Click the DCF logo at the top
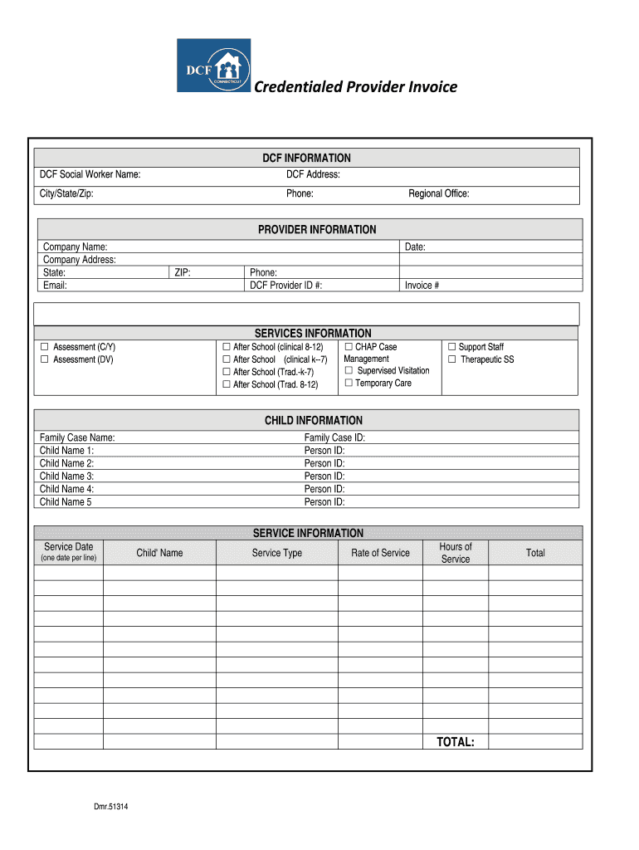(x=213, y=65)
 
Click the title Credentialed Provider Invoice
(x=355, y=87)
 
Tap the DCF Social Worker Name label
(x=90, y=174)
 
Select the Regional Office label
(x=438, y=193)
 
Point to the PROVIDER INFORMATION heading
(x=316, y=229)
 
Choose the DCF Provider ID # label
(x=285, y=285)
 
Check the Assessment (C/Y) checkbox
(x=46, y=347)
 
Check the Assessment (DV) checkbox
(x=46, y=359)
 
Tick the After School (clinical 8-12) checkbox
(x=226, y=347)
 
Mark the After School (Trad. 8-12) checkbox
(x=226, y=384)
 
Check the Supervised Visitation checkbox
(x=349, y=370)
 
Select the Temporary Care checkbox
(x=349, y=383)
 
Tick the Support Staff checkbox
(x=452, y=347)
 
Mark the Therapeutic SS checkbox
(x=452, y=359)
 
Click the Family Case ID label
(x=334, y=437)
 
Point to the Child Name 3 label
(x=66, y=476)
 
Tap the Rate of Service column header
(x=380, y=553)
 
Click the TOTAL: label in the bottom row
(x=456, y=742)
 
